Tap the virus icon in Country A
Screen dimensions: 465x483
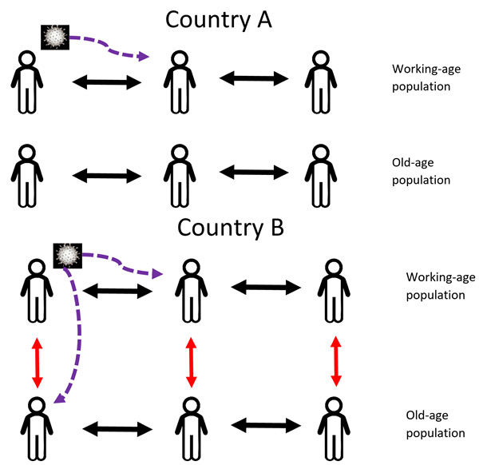point(54,37)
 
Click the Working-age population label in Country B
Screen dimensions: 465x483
point(435,286)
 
